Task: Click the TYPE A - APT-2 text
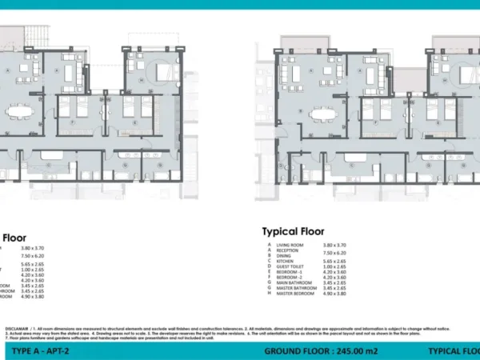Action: click(38, 351)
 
